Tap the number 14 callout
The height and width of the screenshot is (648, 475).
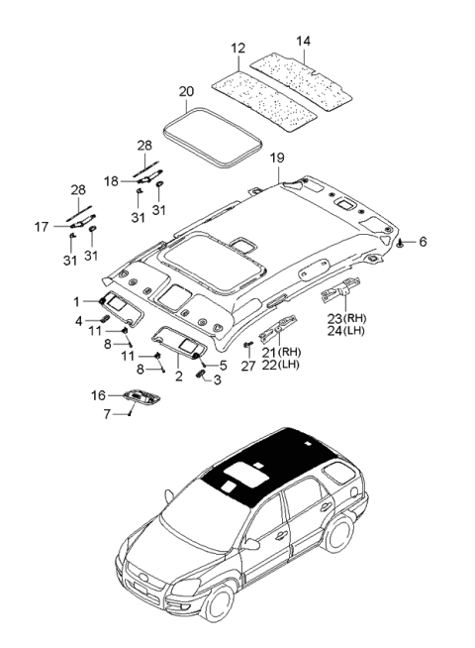(x=303, y=42)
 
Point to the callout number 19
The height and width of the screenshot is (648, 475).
(x=277, y=158)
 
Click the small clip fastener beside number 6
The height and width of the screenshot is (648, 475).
(x=398, y=242)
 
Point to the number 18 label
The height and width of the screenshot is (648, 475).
(x=113, y=181)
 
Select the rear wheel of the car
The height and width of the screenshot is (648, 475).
(x=343, y=535)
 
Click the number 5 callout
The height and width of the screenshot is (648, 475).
(x=224, y=365)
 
